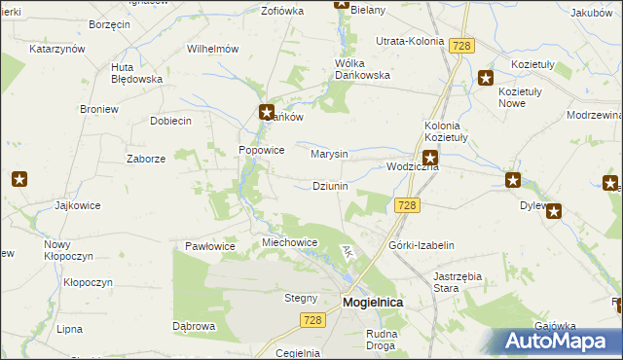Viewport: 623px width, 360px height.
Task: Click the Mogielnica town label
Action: point(373,303)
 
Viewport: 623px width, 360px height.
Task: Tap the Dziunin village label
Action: point(330,186)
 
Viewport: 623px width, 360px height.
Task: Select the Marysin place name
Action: point(329,154)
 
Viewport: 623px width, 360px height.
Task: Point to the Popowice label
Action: point(262,151)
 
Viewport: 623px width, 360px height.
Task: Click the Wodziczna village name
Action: point(413,167)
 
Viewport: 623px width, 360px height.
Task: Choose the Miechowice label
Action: point(290,242)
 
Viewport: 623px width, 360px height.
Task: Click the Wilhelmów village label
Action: point(213,48)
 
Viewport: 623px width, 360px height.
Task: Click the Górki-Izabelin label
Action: point(421,246)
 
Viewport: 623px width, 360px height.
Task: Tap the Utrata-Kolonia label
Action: point(409,42)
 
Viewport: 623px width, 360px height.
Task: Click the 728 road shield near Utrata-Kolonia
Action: point(461,45)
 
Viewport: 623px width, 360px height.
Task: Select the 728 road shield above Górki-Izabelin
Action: point(407,204)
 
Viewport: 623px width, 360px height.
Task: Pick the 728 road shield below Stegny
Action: point(311,320)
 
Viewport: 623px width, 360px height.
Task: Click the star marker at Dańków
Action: point(266,112)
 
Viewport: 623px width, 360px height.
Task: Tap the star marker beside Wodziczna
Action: point(429,157)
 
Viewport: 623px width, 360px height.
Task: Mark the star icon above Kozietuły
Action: point(486,79)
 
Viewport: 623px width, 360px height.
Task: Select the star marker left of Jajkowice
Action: point(19,179)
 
